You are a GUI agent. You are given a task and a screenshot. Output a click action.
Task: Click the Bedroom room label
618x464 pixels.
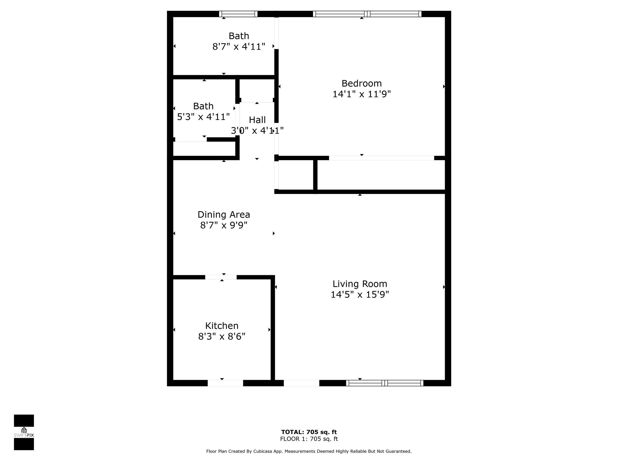[362, 83]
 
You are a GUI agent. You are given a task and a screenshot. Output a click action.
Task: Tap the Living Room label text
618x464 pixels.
[360, 284]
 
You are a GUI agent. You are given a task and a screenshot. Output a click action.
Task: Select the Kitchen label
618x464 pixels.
[222, 326]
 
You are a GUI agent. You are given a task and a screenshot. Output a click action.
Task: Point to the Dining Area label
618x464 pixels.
[224, 214]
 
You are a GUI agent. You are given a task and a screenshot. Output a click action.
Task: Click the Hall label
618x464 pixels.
[257, 120]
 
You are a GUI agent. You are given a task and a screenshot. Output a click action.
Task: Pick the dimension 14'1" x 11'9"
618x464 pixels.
[362, 94]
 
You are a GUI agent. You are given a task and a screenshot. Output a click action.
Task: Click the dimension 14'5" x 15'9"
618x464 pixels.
[360, 295]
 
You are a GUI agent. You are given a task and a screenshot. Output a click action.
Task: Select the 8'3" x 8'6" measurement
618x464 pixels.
[222, 337]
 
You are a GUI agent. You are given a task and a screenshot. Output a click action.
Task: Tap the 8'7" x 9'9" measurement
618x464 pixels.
[224, 225]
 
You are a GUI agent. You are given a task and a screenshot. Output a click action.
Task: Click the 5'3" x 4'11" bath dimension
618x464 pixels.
[203, 117]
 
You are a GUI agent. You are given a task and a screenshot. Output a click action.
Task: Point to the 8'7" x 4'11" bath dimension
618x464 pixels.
[239, 47]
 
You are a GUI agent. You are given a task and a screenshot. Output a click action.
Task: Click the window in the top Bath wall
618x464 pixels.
[238, 14]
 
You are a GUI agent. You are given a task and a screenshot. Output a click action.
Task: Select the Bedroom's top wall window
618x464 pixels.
[367, 14]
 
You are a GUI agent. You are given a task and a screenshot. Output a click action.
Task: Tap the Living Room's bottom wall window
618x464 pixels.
[385, 383]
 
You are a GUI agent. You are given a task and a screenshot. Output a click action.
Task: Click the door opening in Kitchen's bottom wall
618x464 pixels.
[225, 383]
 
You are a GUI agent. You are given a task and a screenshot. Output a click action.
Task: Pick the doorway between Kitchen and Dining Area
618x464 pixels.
[221, 277]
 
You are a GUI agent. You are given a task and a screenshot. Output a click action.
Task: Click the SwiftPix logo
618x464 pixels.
[24, 432]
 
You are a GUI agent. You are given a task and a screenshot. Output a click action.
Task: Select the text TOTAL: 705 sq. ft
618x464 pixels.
[309, 432]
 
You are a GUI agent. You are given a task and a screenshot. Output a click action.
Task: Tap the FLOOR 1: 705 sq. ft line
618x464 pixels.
[309, 439]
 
